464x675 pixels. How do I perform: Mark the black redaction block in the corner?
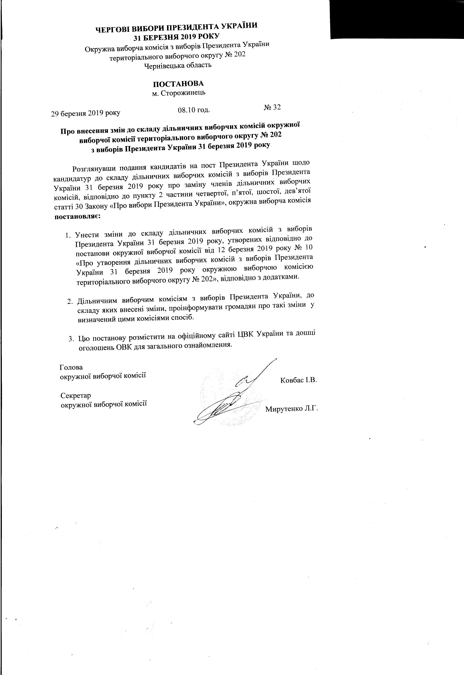[397, 19]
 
